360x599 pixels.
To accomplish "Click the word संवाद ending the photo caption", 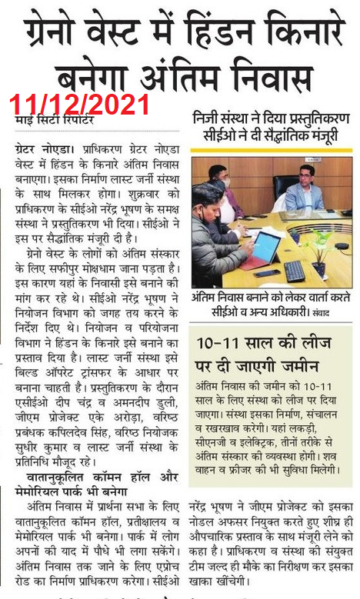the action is (340, 313).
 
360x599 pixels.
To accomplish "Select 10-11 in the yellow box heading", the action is (221, 344).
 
